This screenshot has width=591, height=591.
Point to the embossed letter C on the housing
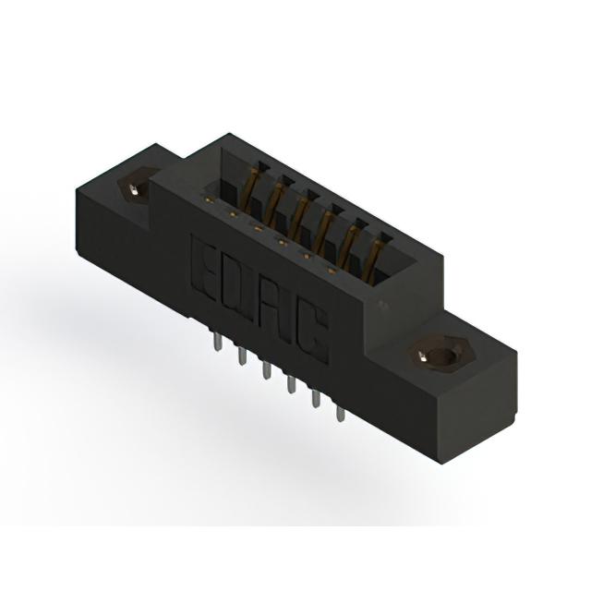311,332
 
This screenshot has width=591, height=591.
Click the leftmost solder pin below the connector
216,341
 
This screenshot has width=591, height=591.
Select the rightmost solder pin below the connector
341,414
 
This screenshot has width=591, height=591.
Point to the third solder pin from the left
266,370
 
